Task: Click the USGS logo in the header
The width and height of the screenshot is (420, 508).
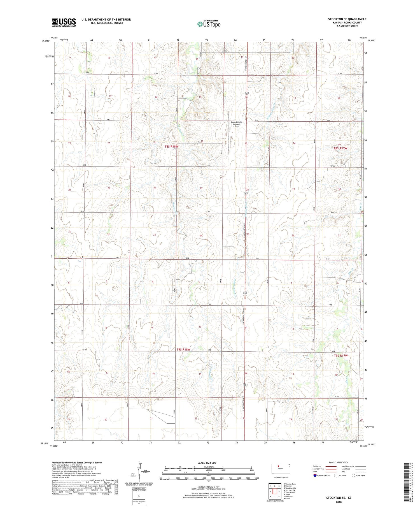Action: click(64, 22)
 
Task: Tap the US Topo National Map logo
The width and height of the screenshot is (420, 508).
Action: click(209, 24)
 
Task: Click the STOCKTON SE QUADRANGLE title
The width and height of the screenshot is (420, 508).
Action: click(347, 19)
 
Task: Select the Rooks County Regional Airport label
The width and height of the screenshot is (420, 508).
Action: click(236, 124)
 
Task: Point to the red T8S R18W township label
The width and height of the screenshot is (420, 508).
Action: click(171, 147)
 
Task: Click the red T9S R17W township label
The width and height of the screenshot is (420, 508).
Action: click(341, 356)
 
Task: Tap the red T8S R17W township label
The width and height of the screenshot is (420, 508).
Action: click(340, 148)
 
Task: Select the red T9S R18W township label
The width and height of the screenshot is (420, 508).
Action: click(183, 349)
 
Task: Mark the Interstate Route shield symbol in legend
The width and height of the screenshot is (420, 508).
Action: click(315, 475)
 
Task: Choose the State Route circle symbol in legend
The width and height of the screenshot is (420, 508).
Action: click(353, 475)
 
